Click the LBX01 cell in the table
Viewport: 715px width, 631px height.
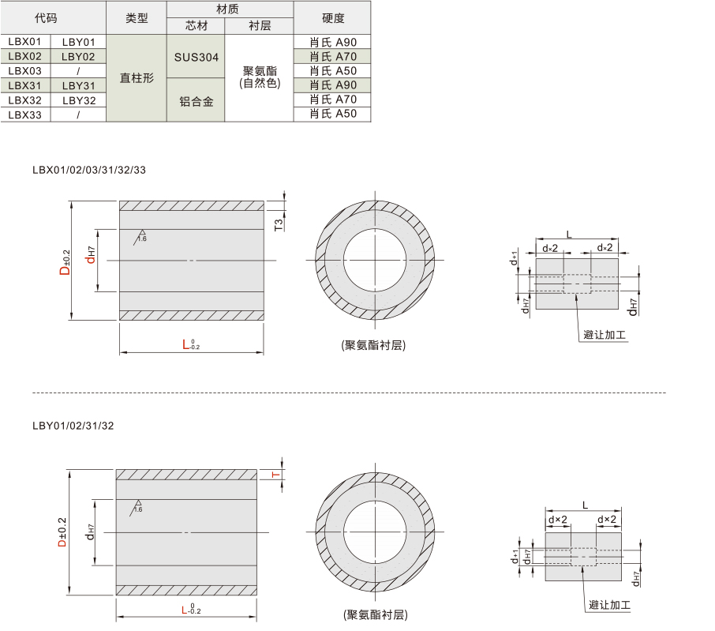click(x=25, y=42)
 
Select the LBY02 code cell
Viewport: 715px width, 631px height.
click(x=78, y=57)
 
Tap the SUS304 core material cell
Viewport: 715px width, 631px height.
click(x=196, y=57)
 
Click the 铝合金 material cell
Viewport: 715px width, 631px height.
click(x=196, y=101)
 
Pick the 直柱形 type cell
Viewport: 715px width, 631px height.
click(x=137, y=78)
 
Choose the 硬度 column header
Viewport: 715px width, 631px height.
click(x=332, y=18)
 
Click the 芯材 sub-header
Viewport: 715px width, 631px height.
click(x=196, y=26)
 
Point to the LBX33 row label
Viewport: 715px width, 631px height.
click(x=25, y=115)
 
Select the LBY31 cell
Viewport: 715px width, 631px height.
click(x=78, y=85)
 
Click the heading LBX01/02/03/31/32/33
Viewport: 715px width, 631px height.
click(x=89, y=170)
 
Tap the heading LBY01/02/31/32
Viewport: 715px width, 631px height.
click(x=73, y=426)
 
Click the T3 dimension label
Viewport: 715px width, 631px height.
click(x=279, y=224)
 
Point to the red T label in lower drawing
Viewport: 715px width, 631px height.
click(x=275, y=475)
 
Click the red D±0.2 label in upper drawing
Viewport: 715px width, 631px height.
click(x=66, y=262)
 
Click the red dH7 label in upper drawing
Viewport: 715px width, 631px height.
click(x=90, y=255)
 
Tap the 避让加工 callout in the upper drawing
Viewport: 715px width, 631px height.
click(x=605, y=335)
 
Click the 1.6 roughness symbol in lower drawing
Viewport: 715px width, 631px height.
click(x=137, y=507)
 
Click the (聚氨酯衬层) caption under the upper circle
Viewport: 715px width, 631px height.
click(x=373, y=345)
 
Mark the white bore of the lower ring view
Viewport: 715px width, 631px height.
click(x=375, y=532)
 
